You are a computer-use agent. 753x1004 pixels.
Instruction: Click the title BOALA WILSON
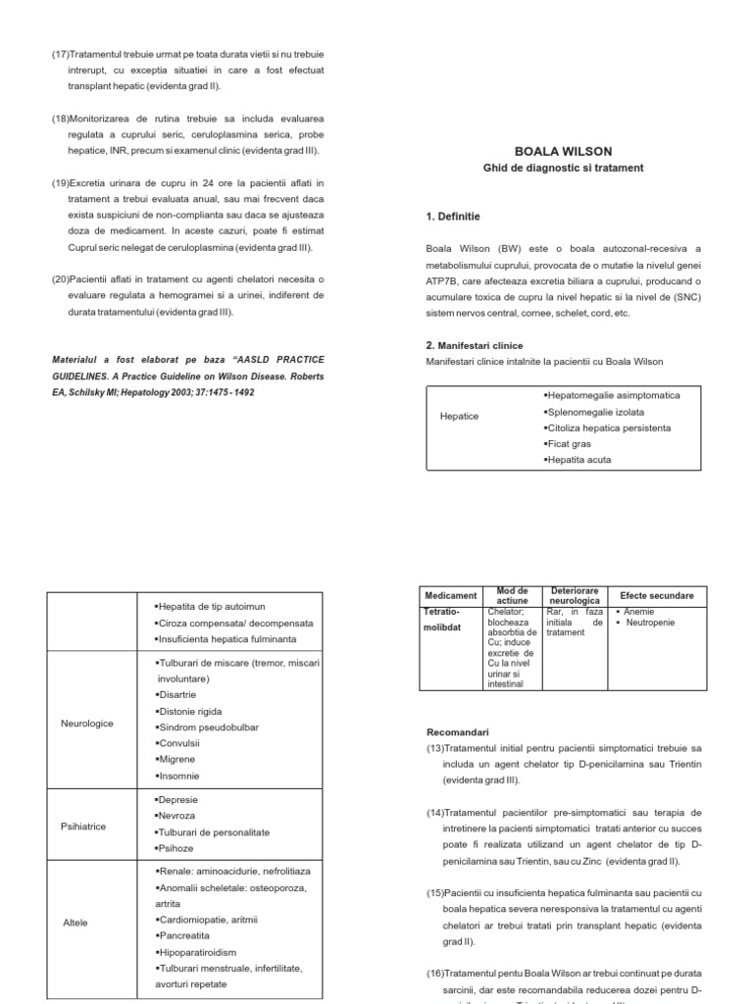coord(563,151)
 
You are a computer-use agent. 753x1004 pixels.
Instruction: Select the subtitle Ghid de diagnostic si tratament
coord(563,168)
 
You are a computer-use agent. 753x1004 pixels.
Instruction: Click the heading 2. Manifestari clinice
coord(475,345)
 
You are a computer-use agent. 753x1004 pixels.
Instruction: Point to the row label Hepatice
coord(460,416)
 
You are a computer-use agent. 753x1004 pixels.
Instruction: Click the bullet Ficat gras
coord(569,444)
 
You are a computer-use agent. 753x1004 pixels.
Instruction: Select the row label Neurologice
coord(87,724)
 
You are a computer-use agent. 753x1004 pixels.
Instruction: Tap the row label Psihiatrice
coord(83,827)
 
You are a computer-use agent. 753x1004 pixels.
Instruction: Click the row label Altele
coord(75,923)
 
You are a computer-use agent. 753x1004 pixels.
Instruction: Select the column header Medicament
coord(451,595)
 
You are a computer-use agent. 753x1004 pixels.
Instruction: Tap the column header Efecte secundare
coord(656,595)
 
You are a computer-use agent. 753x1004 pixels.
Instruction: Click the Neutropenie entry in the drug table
coord(651,623)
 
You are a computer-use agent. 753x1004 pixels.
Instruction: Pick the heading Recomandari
coord(458,731)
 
